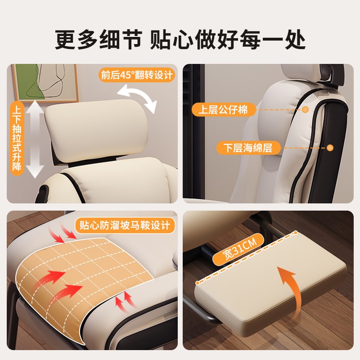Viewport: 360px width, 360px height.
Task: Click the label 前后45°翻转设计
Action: click(136, 75)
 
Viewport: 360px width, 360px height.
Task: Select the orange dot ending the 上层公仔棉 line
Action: click(305, 109)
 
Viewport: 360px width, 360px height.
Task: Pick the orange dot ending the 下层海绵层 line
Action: click(330, 148)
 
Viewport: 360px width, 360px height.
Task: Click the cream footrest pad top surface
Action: click(270, 288)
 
